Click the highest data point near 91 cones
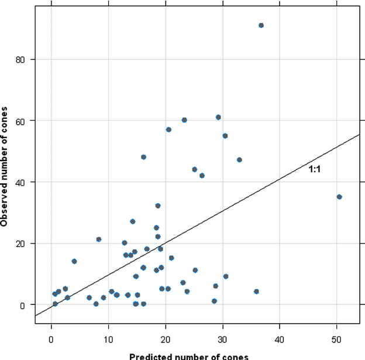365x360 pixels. tap(261, 25)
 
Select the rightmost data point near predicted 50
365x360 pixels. tap(339, 197)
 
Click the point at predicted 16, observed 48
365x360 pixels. tap(143, 157)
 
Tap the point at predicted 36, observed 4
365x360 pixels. tap(256, 292)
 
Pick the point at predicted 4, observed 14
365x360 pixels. tap(74, 261)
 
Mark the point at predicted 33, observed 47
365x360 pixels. tap(239, 160)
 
